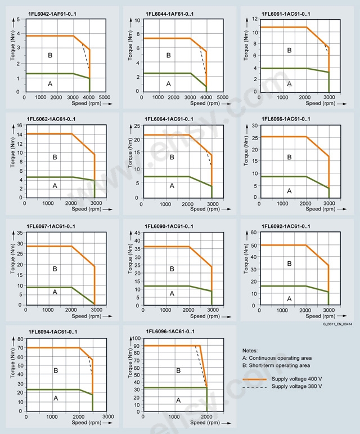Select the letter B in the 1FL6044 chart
coord(168,55)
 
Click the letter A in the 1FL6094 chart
coord(55,398)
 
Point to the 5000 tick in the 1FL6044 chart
coord(222,97)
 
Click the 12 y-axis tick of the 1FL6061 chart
coord(255,19)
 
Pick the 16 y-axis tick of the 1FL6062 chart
coord(19,125)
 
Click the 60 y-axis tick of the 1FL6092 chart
coord(254,232)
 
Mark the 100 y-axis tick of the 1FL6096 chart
coord(136,338)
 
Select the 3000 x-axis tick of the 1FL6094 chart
coord(109,417)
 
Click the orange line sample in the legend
coord(255,379)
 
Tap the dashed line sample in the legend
coord(255,387)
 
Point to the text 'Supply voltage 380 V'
coord(297,387)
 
